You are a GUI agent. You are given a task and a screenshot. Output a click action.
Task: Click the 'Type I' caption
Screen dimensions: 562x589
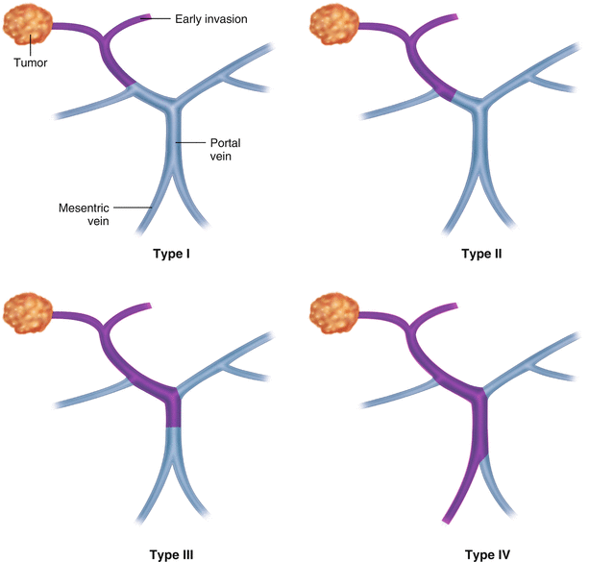coord(176,255)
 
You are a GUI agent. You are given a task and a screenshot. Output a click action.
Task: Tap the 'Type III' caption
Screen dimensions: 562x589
coord(174,555)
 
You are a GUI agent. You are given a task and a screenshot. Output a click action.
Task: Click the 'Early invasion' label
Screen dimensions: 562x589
coord(211,17)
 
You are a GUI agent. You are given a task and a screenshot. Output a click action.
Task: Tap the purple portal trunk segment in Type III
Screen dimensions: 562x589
coord(172,411)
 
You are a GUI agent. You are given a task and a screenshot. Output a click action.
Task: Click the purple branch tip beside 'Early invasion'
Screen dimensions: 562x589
coord(146,16)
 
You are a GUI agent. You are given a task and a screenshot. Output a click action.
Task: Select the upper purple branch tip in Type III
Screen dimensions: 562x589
coord(146,305)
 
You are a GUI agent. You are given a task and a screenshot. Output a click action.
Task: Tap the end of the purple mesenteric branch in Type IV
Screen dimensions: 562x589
coord(446,520)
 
